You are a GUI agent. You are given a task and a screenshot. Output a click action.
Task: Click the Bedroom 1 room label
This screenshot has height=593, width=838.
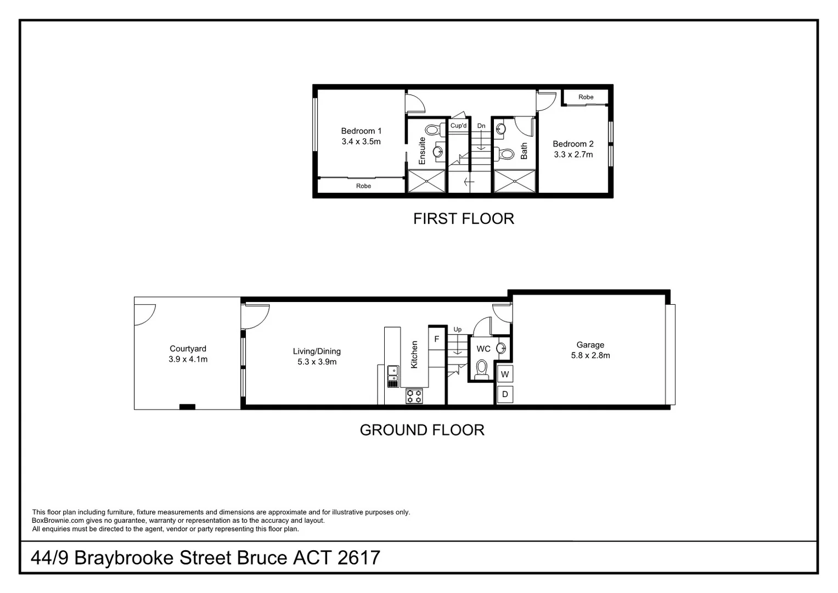point(361,131)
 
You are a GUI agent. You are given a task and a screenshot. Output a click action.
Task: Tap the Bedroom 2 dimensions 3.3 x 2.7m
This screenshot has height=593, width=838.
point(573,154)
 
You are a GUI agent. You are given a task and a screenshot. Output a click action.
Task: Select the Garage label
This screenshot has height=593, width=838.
point(590,345)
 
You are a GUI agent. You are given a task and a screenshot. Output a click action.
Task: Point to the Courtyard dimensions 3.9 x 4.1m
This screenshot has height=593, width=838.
point(188,359)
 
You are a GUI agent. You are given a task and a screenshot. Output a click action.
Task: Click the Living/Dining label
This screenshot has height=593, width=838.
point(317,351)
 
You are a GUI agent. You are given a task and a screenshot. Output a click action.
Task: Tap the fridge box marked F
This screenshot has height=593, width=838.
point(437,339)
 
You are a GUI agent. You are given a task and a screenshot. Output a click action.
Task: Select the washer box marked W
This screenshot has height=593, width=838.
point(505,374)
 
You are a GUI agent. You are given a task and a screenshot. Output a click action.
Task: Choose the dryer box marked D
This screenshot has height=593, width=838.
point(505,394)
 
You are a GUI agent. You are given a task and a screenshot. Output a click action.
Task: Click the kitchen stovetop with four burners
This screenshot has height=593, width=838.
point(414,396)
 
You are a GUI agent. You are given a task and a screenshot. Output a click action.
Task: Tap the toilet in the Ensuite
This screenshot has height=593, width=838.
point(433,131)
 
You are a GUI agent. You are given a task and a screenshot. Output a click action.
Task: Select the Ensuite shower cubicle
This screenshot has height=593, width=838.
point(426,181)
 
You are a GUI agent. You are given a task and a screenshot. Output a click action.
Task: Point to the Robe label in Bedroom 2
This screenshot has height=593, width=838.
point(586,97)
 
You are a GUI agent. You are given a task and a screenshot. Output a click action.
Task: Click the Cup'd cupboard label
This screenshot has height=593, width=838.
point(458,126)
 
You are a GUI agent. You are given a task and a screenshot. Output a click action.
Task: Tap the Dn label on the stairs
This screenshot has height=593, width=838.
point(481,126)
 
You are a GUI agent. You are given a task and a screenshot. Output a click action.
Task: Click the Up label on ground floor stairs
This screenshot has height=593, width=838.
point(458,329)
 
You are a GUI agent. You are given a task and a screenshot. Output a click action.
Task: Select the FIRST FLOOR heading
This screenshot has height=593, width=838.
point(463,219)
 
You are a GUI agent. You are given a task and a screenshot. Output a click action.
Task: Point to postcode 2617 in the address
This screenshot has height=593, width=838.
point(358,558)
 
